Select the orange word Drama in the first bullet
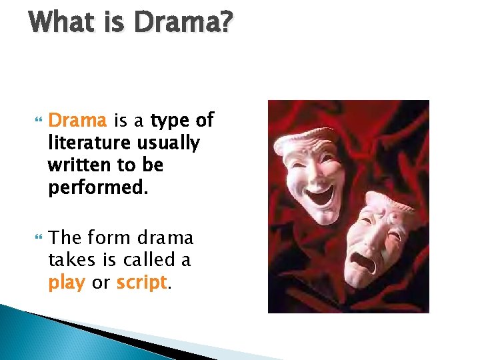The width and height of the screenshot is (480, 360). tap(78, 121)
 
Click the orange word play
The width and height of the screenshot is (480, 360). tap(66, 283)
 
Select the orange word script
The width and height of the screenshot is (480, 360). tap(141, 283)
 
